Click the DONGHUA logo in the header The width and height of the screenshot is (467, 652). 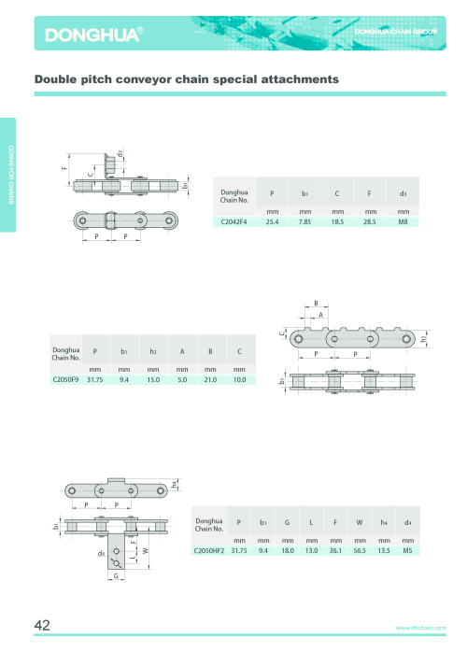[x=94, y=35]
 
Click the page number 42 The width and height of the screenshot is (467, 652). [x=42, y=625]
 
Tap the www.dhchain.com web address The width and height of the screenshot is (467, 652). [x=421, y=628]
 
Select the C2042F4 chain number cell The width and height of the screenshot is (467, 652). [x=233, y=222]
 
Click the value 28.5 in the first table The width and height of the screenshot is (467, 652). [x=370, y=222]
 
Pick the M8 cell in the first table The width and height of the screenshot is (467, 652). [x=403, y=222]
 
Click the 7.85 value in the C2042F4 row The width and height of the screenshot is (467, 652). [x=304, y=222]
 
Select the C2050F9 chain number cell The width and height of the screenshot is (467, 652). [x=65, y=379]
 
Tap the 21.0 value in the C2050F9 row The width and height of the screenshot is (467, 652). [x=210, y=379]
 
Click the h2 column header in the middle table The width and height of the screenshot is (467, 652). [x=153, y=352]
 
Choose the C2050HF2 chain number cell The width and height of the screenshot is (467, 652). [x=209, y=550]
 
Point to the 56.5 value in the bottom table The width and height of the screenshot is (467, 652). [x=360, y=550]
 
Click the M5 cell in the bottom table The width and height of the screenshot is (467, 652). [x=407, y=550]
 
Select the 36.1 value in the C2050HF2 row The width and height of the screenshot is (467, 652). [x=335, y=550]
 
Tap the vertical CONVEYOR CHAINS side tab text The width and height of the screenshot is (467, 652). [x=11, y=175]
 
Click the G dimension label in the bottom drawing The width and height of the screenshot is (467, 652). [x=116, y=576]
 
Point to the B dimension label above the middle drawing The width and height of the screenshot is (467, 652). [x=316, y=304]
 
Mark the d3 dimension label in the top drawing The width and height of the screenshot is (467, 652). [x=120, y=154]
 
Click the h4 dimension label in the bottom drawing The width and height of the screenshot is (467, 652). [x=175, y=484]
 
